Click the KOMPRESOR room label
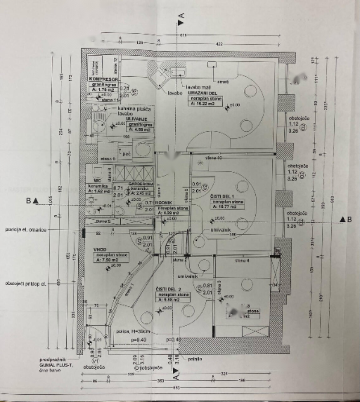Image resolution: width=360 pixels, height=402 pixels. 103,79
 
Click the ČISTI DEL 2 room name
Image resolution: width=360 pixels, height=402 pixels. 169,289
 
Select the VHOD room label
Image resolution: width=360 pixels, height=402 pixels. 100,250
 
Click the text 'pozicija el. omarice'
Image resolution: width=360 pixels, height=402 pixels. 25,230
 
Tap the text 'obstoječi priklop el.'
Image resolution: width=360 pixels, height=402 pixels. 25,284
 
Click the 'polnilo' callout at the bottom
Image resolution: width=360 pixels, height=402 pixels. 195,359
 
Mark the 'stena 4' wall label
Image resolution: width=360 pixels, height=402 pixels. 243,260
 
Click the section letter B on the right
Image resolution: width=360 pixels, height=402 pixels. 349,220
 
